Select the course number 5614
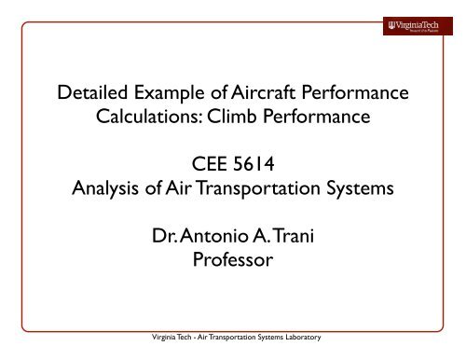tap(255, 173)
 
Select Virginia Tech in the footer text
tap(158, 352)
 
